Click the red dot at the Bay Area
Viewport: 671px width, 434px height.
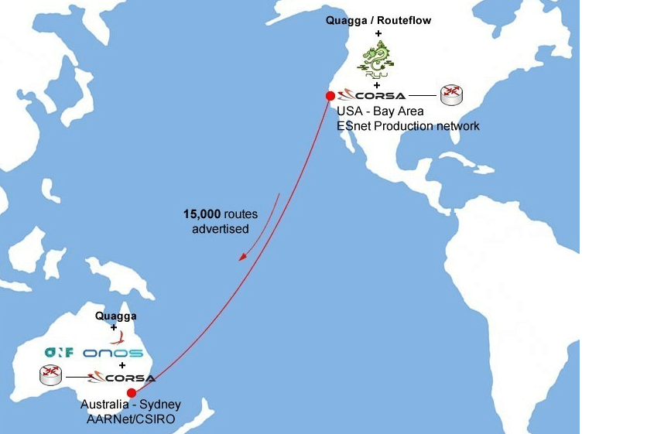[x=330, y=96]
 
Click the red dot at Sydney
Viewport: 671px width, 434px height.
[x=132, y=392]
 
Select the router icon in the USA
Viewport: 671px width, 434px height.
[x=451, y=95]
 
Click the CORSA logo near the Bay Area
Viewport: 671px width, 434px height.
[x=372, y=95]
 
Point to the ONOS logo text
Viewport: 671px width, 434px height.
[x=113, y=353]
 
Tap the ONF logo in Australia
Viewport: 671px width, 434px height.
[x=59, y=353]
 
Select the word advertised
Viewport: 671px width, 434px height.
[x=221, y=229]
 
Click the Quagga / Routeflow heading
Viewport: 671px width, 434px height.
[x=378, y=21]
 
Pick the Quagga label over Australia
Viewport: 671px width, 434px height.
[x=116, y=316]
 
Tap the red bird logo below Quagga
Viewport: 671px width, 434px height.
[x=117, y=338]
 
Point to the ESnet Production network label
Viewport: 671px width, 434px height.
[x=408, y=125]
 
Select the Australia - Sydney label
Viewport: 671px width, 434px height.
[x=131, y=405]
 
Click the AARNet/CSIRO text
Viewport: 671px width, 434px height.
[x=131, y=419]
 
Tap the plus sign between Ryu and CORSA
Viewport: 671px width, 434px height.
[x=378, y=84]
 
